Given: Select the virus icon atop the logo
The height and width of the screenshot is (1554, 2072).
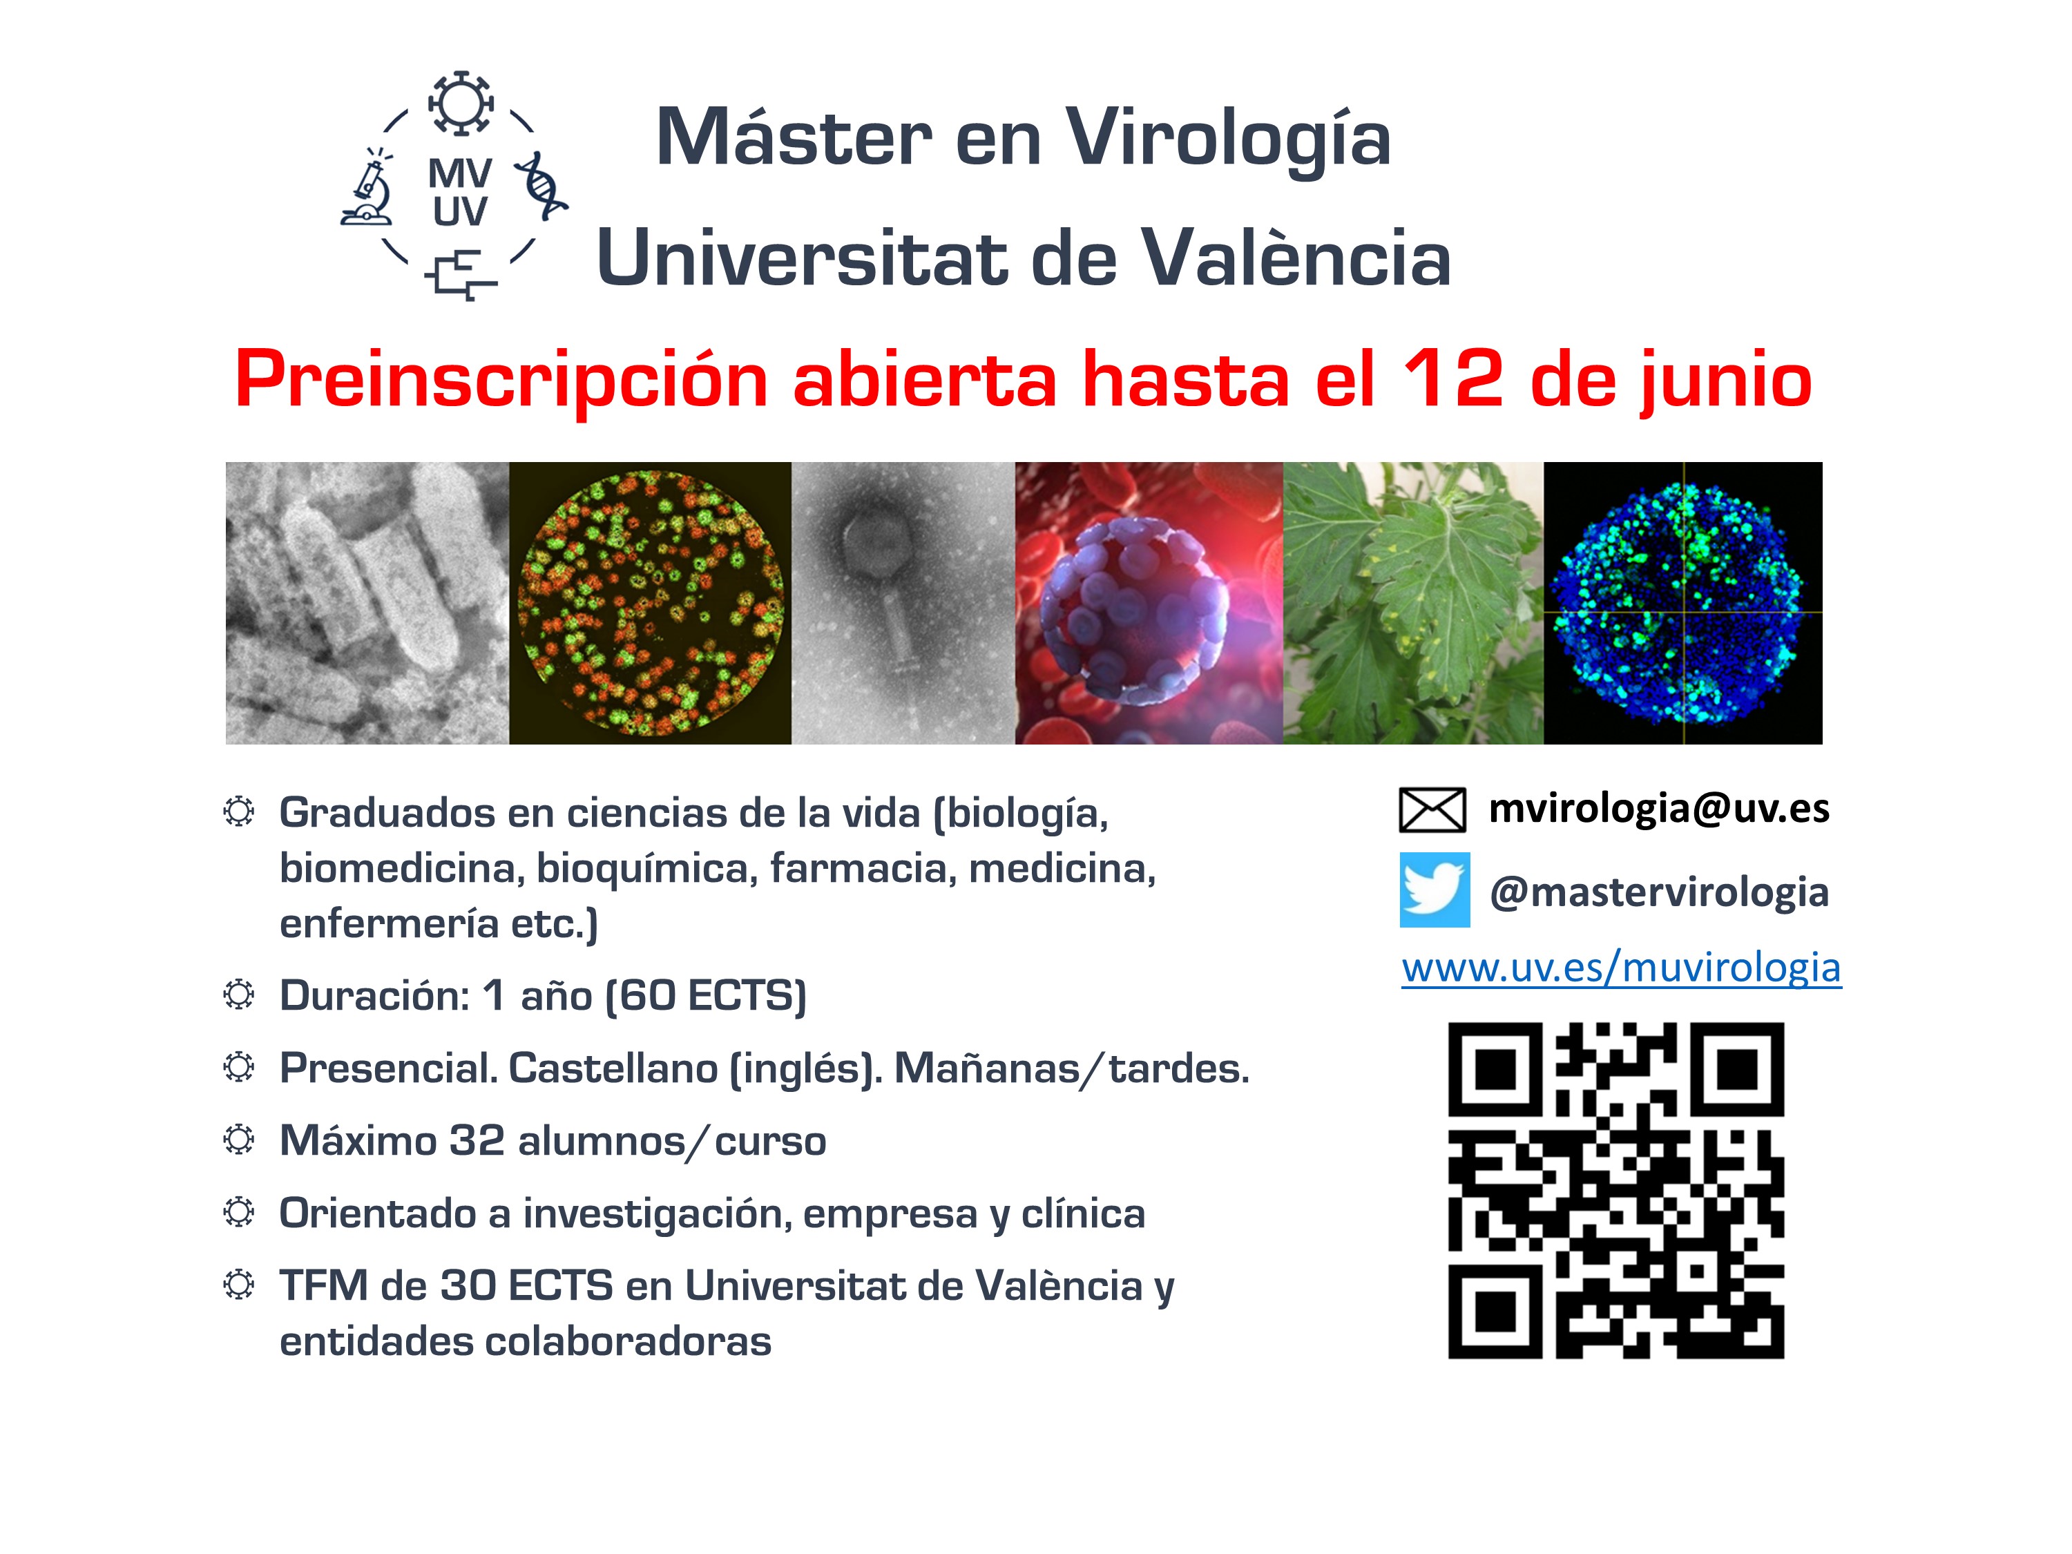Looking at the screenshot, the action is [460, 103].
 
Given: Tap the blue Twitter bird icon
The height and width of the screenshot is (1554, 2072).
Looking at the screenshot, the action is [1434, 890].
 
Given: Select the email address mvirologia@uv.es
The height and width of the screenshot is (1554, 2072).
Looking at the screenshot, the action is [1659, 808].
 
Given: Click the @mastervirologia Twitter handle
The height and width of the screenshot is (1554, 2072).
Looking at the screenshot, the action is [1659, 892].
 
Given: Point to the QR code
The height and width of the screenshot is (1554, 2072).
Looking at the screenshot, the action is [1616, 1191].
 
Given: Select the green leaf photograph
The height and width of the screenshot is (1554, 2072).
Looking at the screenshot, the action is [1412, 603].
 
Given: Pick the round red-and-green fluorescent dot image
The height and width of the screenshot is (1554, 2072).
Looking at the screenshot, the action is [650, 603].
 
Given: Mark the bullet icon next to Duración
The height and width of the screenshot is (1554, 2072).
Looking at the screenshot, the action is [239, 995].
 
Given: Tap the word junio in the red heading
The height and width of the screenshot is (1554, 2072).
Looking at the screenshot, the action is [1725, 382].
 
